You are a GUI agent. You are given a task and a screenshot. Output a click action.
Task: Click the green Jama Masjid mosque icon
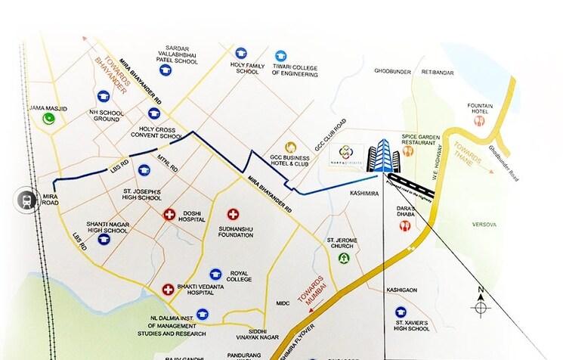tap(50, 118)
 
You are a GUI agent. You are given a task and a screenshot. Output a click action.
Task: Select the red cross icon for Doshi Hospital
tap(170, 215)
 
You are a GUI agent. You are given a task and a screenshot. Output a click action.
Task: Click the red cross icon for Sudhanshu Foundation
tap(233, 215)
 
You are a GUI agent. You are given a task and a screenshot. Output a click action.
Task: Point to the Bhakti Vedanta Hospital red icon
tap(168, 288)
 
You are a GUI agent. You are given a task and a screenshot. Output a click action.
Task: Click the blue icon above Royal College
tap(215, 273)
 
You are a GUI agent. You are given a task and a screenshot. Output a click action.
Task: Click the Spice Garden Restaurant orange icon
tap(410, 151)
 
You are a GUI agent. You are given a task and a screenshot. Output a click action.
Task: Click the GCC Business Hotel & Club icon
tap(291, 147)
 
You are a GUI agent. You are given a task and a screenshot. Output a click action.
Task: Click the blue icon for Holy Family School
tap(241, 53)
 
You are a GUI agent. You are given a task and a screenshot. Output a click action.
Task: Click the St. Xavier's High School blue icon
tap(410, 309)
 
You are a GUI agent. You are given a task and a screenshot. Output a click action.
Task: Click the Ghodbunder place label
tap(391, 72)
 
